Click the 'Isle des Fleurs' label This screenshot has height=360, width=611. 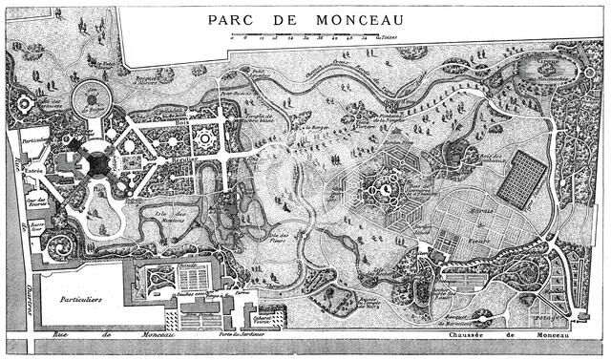(279, 239)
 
